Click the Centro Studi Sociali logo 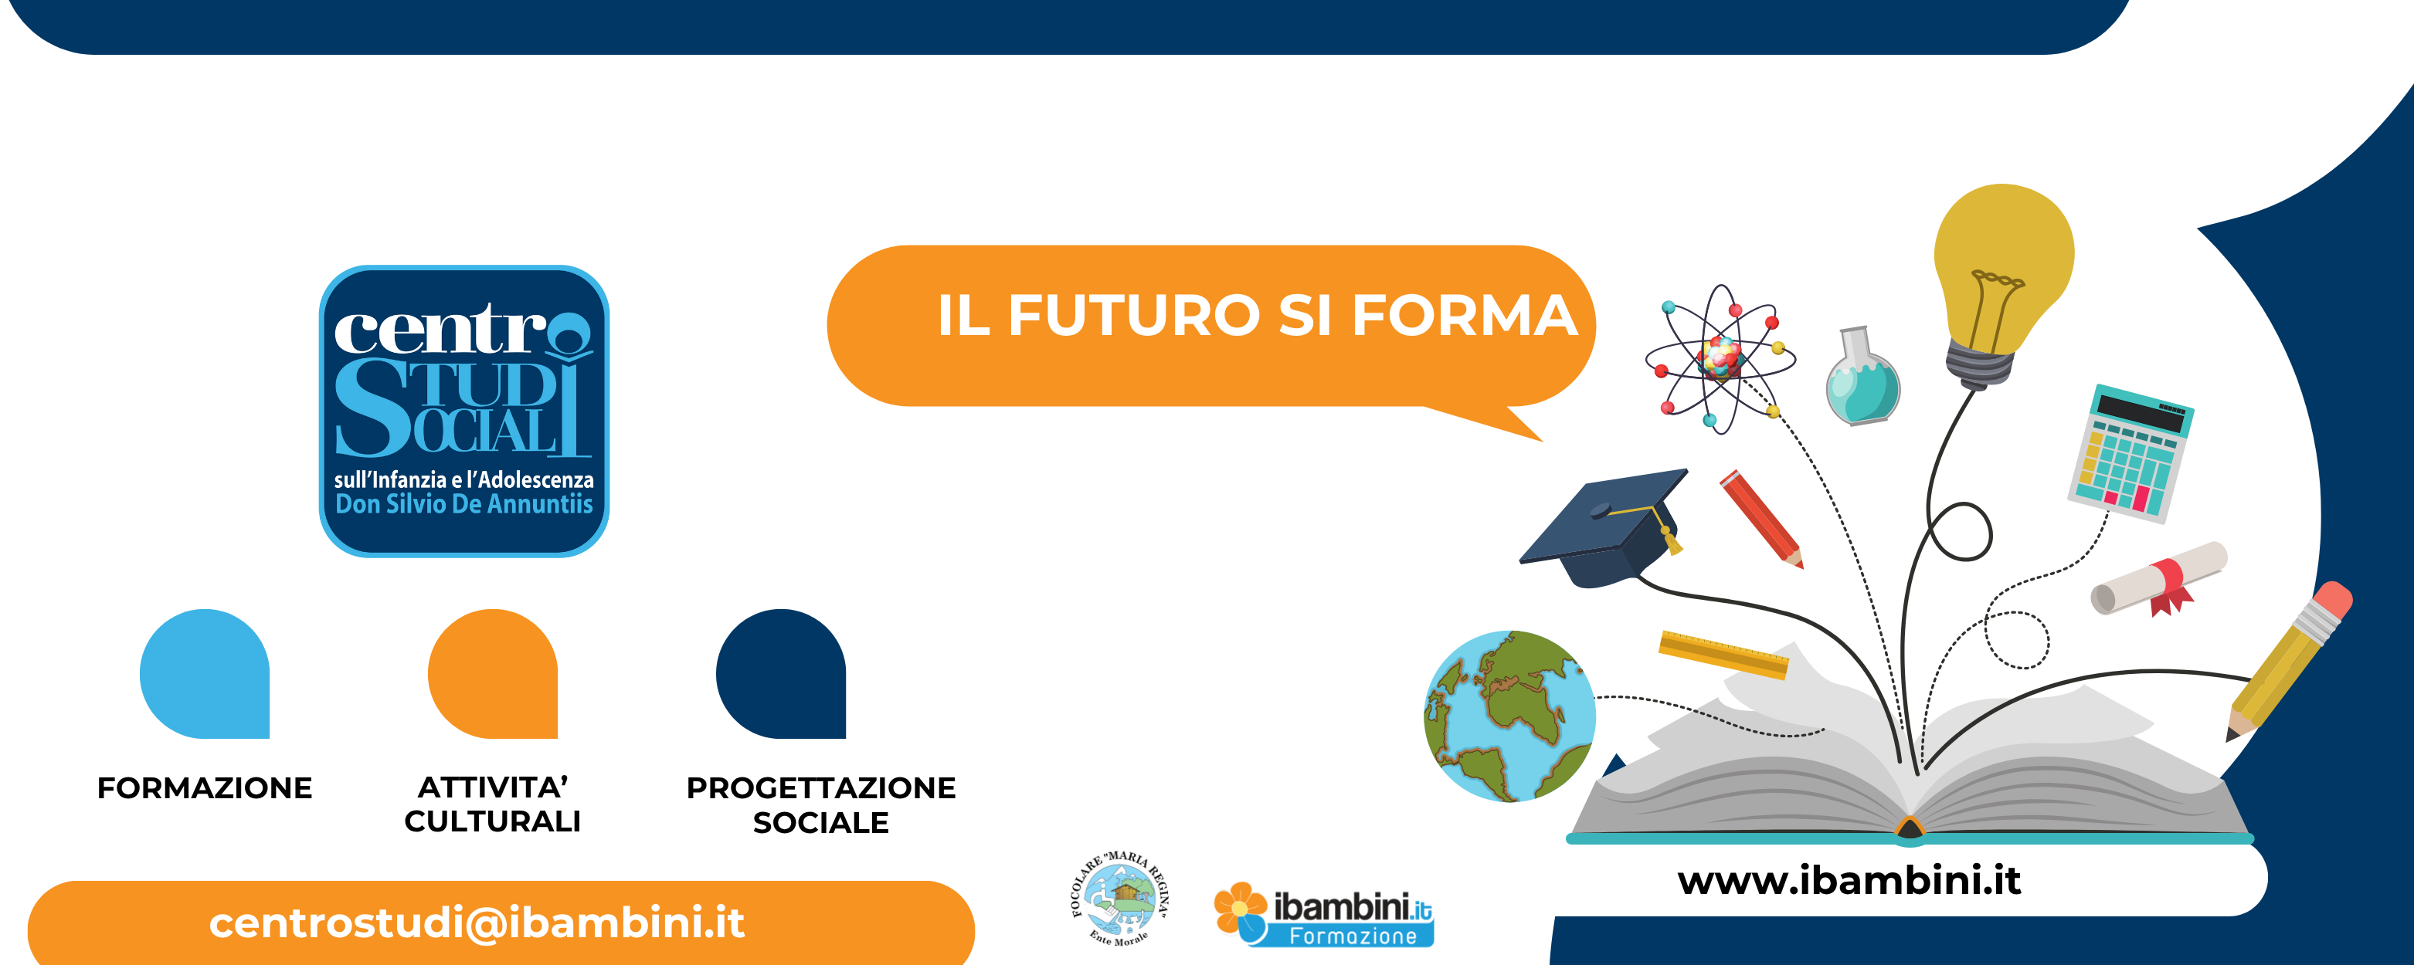coord(463,411)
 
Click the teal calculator coord(2130,452)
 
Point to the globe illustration coord(1509,716)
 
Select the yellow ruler coord(1723,654)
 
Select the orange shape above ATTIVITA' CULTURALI coord(493,674)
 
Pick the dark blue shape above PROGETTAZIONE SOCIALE coord(781,674)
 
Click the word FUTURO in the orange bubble coord(1134,315)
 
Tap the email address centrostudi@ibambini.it coord(477,923)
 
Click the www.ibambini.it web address coord(1849,881)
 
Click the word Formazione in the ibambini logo coord(1353,936)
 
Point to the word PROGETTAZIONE coord(821,788)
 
